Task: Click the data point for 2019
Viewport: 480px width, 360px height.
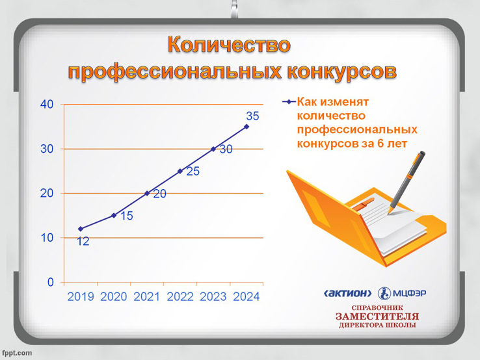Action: [x=81, y=229]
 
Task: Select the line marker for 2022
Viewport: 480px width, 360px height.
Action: [x=180, y=172]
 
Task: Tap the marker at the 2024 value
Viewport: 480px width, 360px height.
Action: [x=247, y=127]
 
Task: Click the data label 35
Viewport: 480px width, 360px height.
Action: [x=252, y=116]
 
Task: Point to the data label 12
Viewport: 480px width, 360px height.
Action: [x=83, y=241]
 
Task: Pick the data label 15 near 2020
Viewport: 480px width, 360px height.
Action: [x=126, y=216]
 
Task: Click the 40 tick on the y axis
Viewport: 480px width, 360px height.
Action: [x=47, y=105]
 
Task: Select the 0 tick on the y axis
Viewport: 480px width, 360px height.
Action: [x=51, y=282]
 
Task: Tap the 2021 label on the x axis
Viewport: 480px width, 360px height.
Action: [x=146, y=297]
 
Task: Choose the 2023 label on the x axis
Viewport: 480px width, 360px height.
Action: [x=213, y=297]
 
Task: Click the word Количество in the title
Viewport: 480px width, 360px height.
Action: [x=229, y=45]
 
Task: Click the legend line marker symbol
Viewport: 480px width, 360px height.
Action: [x=289, y=102]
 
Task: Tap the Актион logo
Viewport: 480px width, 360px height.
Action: [x=348, y=293]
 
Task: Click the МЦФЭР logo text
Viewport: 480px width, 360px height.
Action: [x=409, y=293]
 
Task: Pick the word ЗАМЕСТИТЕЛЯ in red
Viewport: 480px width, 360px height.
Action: [x=377, y=316]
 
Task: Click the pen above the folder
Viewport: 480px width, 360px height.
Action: [x=407, y=183]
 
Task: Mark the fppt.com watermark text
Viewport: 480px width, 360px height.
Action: [x=17, y=353]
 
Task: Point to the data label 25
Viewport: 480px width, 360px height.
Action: [x=193, y=172]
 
